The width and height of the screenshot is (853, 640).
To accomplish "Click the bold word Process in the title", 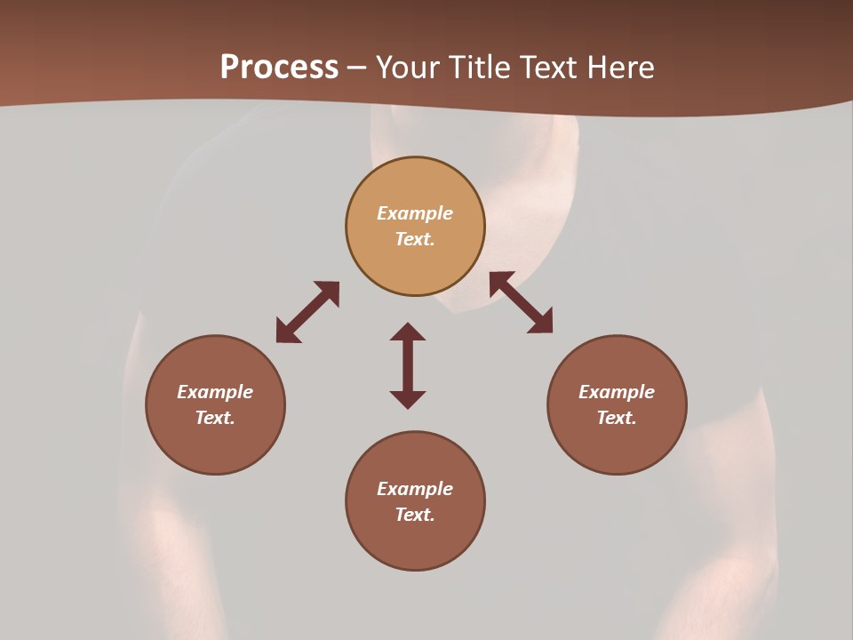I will click(x=279, y=68).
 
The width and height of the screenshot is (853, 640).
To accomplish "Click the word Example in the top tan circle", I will click(x=415, y=213).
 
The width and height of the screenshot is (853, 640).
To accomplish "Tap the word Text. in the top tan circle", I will click(x=415, y=239).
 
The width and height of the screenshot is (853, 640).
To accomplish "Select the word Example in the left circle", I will click(x=215, y=392).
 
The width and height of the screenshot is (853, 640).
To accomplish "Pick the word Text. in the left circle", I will click(x=215, y=418).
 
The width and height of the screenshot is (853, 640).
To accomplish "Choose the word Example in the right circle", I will click(x=617, y=392).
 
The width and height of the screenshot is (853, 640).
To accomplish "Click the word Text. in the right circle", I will click(x=617, y=418).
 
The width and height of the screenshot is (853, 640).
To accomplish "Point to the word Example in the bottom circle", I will click(x=415, y=489).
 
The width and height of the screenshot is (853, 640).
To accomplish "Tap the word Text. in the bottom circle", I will click(x=415, y=515).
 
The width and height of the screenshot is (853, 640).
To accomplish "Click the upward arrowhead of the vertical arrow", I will click(x=408, y=332).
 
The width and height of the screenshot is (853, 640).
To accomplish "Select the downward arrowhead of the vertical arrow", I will click(x=408, y=399).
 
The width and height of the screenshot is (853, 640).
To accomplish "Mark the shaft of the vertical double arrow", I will click(x=408, y=365).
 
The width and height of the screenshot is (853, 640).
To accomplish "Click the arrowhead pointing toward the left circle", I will click(x=285, y=332).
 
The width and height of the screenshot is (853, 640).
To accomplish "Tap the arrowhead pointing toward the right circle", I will click(x=542, y=324).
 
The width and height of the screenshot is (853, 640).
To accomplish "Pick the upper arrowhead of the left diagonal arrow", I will click(x=330, y=291).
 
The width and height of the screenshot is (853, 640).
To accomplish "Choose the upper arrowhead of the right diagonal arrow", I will click(x=499, y=282).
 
